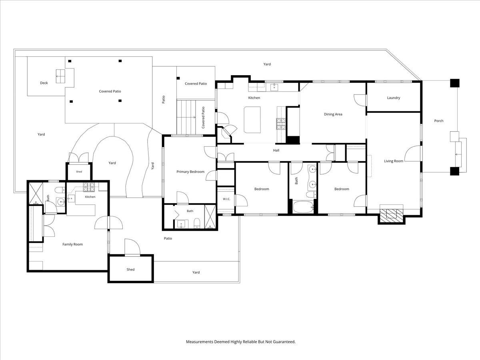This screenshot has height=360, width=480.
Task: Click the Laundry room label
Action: click(x=394, y=98)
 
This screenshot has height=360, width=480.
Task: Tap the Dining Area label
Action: click(x=333, y=114)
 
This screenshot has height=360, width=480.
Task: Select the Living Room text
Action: click(x=394, y=161)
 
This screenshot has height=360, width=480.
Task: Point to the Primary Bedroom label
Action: click(x=190, y=172)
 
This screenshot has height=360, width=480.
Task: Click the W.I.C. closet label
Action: click(x=226, y=199)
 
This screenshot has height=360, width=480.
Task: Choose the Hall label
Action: click(x=276, y=150)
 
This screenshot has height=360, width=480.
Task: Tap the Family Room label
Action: click(x=73, y=244)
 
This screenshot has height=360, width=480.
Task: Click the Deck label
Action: click(x=44, y=83)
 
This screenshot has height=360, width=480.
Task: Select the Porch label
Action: click(x=439, y=121)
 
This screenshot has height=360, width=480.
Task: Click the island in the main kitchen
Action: click(x=252, y=120)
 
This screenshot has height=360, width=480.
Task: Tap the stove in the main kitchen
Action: click(x=281, y=124)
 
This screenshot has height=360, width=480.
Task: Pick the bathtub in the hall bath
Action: click(x=303, y=207)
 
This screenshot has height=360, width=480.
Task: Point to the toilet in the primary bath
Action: click(x=197, y=223)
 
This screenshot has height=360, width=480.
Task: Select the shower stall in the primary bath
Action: click(x=210, y=217)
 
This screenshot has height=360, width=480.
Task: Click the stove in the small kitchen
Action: click(x=89, y=186)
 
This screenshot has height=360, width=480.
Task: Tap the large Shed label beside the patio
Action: click(x=130, y=270)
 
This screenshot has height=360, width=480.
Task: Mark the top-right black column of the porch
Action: click(x=455, y=83)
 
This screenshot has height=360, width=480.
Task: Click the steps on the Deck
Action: click(x=60, y=76)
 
